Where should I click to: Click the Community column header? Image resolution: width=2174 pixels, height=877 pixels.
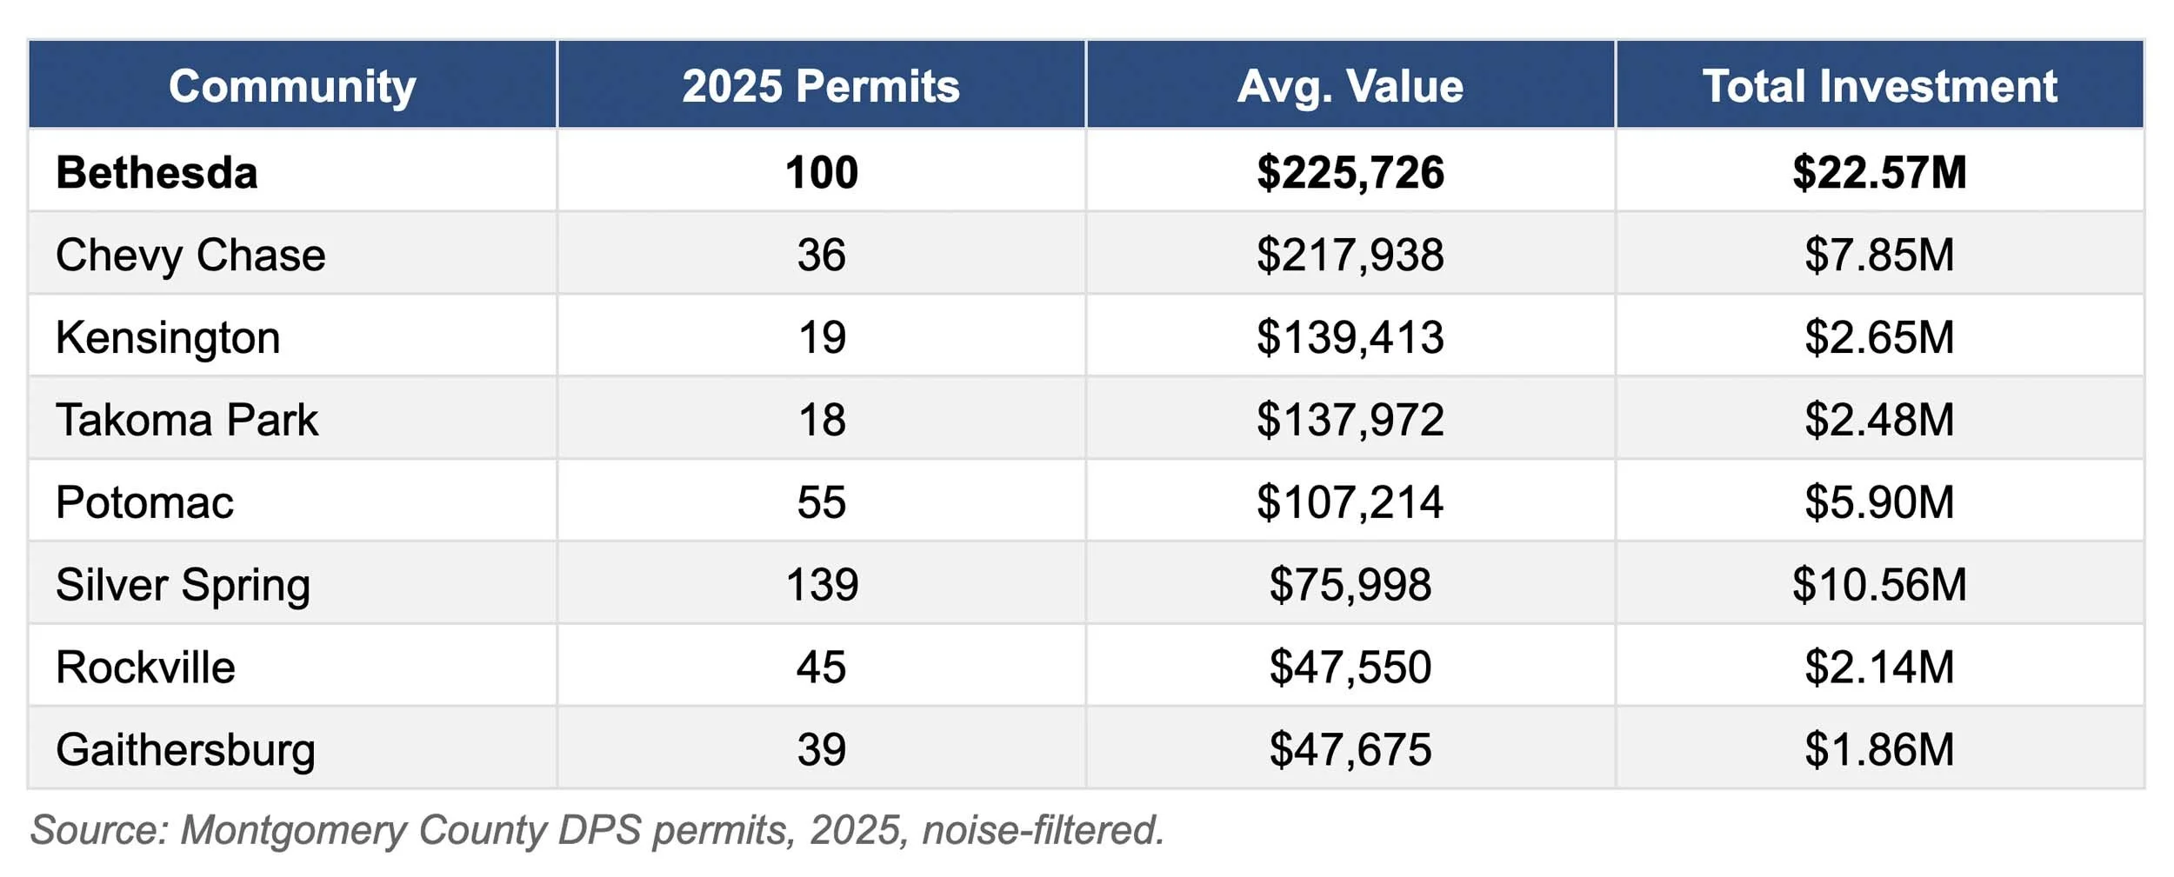click(292, 86)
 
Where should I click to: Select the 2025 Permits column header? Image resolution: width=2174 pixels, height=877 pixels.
click(820, 86)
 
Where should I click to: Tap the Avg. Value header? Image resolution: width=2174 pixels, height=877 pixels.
click(1350, 86)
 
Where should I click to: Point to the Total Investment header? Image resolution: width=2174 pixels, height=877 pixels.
click(1878, 86)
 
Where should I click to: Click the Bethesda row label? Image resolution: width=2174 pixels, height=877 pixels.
click(157, 172)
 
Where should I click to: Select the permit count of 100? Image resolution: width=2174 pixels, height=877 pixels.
click(821, 172)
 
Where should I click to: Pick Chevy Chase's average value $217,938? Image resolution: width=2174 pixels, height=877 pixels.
click(1350, 255)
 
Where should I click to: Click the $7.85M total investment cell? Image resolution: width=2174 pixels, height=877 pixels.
click(1878, 255)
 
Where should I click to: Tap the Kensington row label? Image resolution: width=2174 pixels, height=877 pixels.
click(168, 337)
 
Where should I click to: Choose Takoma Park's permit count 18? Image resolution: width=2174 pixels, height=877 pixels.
click(821, 420)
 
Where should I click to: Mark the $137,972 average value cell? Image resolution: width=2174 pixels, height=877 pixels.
click(1350, 420)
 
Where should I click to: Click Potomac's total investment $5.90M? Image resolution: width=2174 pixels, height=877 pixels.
click(1878, 502)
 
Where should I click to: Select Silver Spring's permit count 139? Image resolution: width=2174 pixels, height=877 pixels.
click(821, 584)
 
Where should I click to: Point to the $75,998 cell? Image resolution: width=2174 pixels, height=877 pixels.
click(1350, 584)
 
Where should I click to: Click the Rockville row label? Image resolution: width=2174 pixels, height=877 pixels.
click(145, 667)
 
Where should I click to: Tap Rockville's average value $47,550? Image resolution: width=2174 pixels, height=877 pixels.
click(1350, 667)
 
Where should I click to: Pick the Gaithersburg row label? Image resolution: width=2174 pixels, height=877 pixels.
click(185, 749)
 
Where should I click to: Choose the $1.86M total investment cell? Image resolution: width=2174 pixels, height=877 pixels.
click(1878, 749)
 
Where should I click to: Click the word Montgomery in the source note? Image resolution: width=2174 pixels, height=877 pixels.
click(293, 830)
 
